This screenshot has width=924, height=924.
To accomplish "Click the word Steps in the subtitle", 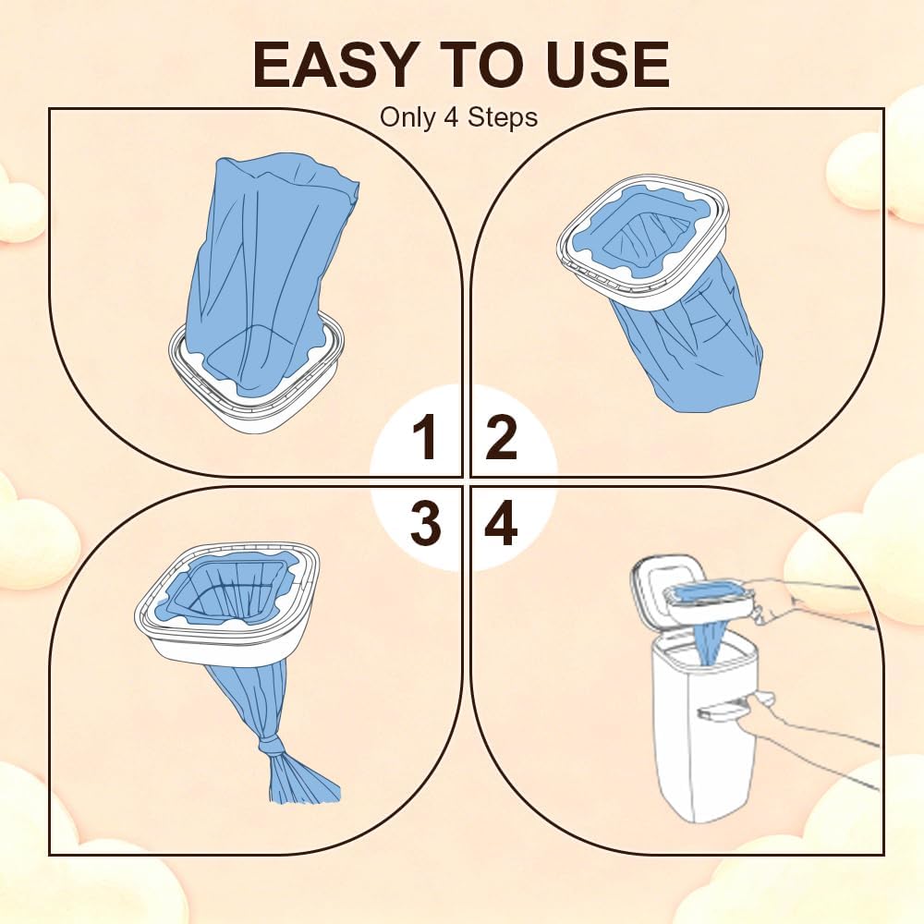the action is point(503,117).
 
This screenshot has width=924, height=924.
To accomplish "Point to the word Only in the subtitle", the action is point(407,117).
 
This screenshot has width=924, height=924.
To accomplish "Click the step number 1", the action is point(425,437).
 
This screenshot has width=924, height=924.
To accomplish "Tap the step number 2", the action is point(502,437).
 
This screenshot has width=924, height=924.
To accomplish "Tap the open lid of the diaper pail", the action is point(660,580).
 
